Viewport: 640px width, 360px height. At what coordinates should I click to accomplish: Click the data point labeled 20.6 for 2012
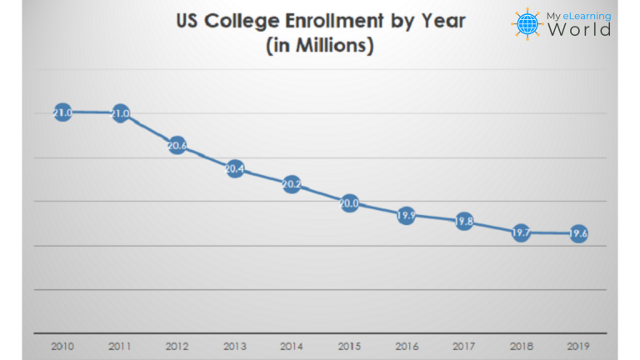click(x=177, y=146)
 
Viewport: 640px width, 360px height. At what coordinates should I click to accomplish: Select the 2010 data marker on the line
click(x=62, y=112)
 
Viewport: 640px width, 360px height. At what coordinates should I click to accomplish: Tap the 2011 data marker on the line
click(x=120, y=113)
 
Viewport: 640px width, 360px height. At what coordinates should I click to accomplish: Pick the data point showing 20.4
click(x=234, y=169)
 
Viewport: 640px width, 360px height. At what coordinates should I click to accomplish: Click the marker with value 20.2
click(x=292, y=184)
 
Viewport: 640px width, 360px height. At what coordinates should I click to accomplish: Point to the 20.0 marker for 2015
click(x=349, y=202)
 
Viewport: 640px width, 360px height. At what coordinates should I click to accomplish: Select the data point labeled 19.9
click(x=406, y=216)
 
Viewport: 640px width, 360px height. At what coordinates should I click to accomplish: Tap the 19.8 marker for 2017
click(x=464, y=222)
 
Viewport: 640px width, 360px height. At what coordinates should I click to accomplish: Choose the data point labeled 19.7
click(x=521, y=232)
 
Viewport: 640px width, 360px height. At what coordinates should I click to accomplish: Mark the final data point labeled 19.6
click(x=578, y=233)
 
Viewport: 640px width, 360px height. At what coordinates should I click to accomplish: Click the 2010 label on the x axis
click(x=62, y=344)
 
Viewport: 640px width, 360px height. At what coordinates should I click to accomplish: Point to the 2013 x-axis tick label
click(x=234, y=344)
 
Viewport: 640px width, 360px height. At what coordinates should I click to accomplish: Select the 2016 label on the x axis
click(x=406, y=344)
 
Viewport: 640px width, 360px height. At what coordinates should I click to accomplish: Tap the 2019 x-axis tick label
click(x=578, y=344)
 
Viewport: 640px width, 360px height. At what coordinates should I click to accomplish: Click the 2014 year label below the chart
click(x=292, y=344)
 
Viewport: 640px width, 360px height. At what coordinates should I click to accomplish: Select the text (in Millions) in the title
click(x=319, y=47)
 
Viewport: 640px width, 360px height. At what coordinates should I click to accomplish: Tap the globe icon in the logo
click(x=527, y=24)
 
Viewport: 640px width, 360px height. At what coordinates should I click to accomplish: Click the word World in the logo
click(x=578, y=30)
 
